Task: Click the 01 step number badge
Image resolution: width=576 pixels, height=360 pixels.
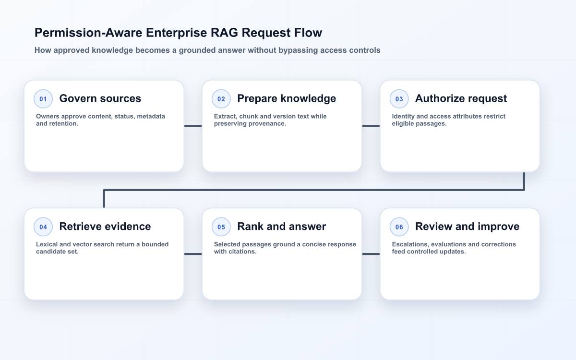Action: pyautogui.click(x=43, y=99)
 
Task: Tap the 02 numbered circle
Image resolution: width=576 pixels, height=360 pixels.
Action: pyautogui.click(x=221, y=99)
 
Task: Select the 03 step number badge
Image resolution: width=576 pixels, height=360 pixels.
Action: pyautogui.click(x=399, y=99)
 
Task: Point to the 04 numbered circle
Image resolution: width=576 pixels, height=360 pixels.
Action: pyautogui.click(x=43, y=227)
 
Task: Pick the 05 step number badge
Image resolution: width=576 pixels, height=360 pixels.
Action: pyautogui.click(x=221, y=227)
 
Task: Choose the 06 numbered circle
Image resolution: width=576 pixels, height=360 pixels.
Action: pyautogui.click(x=399, y=227)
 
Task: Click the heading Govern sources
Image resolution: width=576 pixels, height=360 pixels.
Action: pyautogui.click(x=100, y=98)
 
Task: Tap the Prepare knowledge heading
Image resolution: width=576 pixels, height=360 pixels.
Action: pyautogui.click(x=287, y=99)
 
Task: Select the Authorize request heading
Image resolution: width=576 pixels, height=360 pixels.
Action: pyautogui.click(x=461, y=99)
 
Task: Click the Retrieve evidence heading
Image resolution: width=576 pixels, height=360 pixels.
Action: pyautogui.click(x=105, y=227)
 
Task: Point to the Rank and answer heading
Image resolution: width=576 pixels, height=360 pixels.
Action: pyautogui.click(x=282, y=227)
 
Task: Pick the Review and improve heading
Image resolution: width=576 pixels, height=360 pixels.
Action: pyautogui.click(x=467, y=227)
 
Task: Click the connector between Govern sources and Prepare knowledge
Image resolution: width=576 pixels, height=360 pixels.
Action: pyautogui.click(x=193, y=126)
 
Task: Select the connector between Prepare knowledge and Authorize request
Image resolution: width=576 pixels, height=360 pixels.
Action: pyautogui.click(x=371, y=126)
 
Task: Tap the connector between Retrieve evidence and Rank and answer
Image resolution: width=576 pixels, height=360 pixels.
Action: pyautogui.click(x=193, y=254)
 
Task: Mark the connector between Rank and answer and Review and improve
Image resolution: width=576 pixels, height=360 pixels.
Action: pyautogui.click(x=371, y=254)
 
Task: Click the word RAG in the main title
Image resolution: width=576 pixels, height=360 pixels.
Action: pyautogui.click(x=224, y=33)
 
